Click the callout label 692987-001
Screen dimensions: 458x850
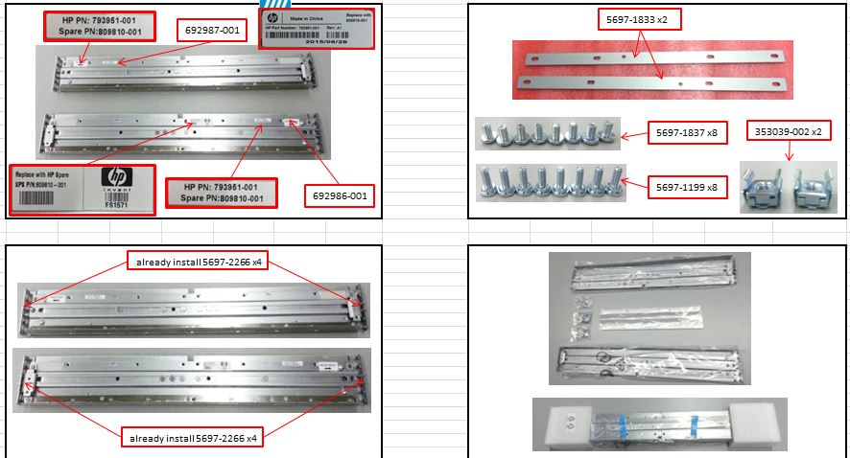(x=213, y=31)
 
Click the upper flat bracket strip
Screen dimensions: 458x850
(x=652, y=57)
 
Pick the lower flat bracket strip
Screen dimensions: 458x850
(x=652, y=84)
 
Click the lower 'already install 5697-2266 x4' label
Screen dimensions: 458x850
(x=192, y=440)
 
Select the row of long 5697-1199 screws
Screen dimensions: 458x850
(x=544, y=181)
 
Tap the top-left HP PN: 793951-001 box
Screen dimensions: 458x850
(x=99, y=26)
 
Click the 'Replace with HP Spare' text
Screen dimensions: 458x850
(x=49, y=174)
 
